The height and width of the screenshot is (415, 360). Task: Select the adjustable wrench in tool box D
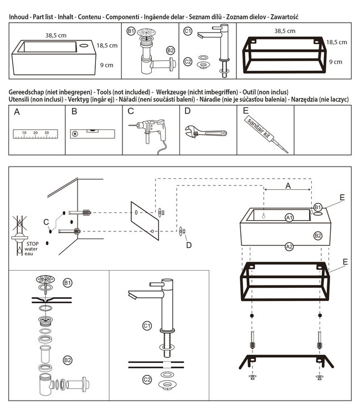click(x=206, y=132)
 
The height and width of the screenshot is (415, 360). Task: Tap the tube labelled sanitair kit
click(x=266, y=134)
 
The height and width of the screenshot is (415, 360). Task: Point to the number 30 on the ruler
click(x=47, y=133)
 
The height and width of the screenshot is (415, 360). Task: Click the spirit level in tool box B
click(x=92, y=134)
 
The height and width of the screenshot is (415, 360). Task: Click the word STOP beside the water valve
click(x=32, y=244)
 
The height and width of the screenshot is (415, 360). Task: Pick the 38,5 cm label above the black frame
click(x=285, y=31)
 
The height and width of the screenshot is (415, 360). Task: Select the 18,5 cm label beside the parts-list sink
click(x=107, y=45)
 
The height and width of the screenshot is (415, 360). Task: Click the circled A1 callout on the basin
click(x=289, y=218)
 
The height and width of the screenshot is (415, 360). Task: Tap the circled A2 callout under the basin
click(x=289, y=247)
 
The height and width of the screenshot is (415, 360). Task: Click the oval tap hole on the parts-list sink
click(x=84, y=45)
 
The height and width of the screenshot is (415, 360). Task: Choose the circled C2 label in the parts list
click(x=188, y=62)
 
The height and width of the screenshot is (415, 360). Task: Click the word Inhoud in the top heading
click(x=18, y=17)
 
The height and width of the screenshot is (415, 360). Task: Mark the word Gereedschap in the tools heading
click(x=26, y=92)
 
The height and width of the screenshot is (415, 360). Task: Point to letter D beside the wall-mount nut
click(x=189, y=245)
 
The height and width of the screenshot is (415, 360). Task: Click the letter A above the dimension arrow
click(x=288, y=186)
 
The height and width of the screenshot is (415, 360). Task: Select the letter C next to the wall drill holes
click(x=46, y=222)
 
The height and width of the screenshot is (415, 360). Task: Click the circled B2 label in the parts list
click(x=171, y=50)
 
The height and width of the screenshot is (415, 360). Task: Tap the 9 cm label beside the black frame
click(x=336, y=62)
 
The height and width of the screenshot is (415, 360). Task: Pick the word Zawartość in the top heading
click(x=284, y=17)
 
